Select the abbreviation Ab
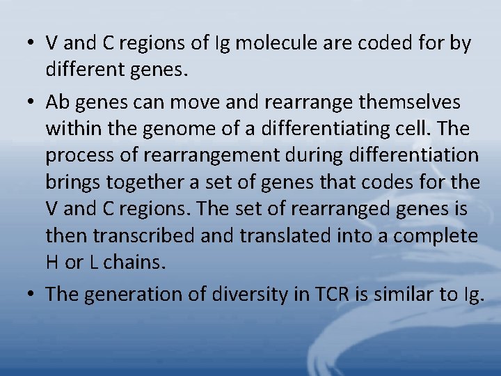tap(58, 102)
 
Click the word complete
tap(436, 235)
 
